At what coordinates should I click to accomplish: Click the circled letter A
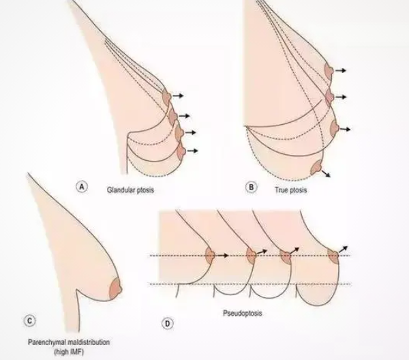click(x=82, y=187)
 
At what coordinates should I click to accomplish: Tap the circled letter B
click(x=251, y=187)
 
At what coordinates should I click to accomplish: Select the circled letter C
click(x=29, y=320)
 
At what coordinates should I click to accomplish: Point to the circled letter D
click(x=168, y=324)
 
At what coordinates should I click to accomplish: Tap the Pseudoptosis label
click(x=242, y=313)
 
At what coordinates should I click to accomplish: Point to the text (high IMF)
click(x=69, y=352)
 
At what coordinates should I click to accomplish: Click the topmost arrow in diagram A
click(x=178, y=95)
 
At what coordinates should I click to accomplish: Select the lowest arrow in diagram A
click(x=192, y=151)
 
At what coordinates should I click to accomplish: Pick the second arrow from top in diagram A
click(x=185, y=116)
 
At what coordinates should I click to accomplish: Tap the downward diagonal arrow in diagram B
click(x=326, y=173)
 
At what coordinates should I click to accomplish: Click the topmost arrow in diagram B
click(x=341, y=70)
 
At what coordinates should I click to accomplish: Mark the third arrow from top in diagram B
click(x=345, y=129)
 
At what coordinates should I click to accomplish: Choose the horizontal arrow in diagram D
click(x=222, y=256)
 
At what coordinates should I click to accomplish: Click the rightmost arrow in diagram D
click(x=344, y=249)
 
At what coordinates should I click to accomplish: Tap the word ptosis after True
click(x=298, y=190)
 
